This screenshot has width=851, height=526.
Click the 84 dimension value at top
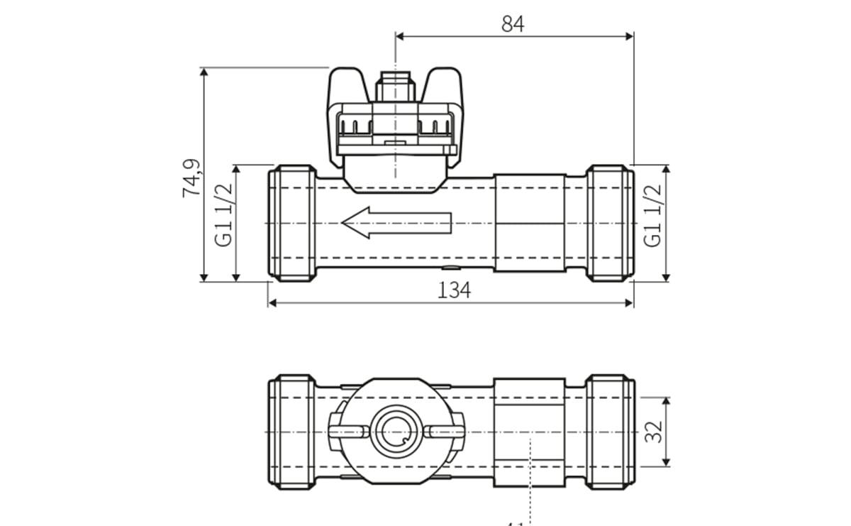click(x=512, y=23)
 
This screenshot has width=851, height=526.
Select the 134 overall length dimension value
click(x=454, y=290)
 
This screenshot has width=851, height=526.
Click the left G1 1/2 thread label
click(x=224, y=214)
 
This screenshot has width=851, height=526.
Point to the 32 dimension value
click(x=653, y=432)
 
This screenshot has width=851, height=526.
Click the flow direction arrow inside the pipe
click(x=396, y=223)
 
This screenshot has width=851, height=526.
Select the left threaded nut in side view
click(x=292, y=223)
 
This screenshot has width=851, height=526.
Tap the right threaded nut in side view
click(x=610, y=223)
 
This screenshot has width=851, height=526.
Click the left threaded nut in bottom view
click(x=292, y=432)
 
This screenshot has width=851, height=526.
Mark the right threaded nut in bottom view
click(x=610, y=432)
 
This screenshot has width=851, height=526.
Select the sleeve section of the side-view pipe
click(x=529, y=223)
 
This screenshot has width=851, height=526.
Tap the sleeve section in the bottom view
click(x=529, y=432)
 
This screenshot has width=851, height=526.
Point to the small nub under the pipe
click(x=449, y=268)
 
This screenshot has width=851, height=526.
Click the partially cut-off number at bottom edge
click(x=515, y=524)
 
